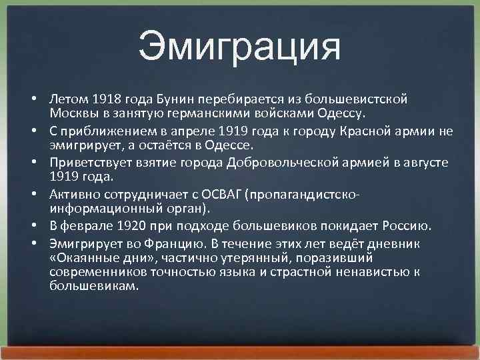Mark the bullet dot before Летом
coord(33,99)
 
